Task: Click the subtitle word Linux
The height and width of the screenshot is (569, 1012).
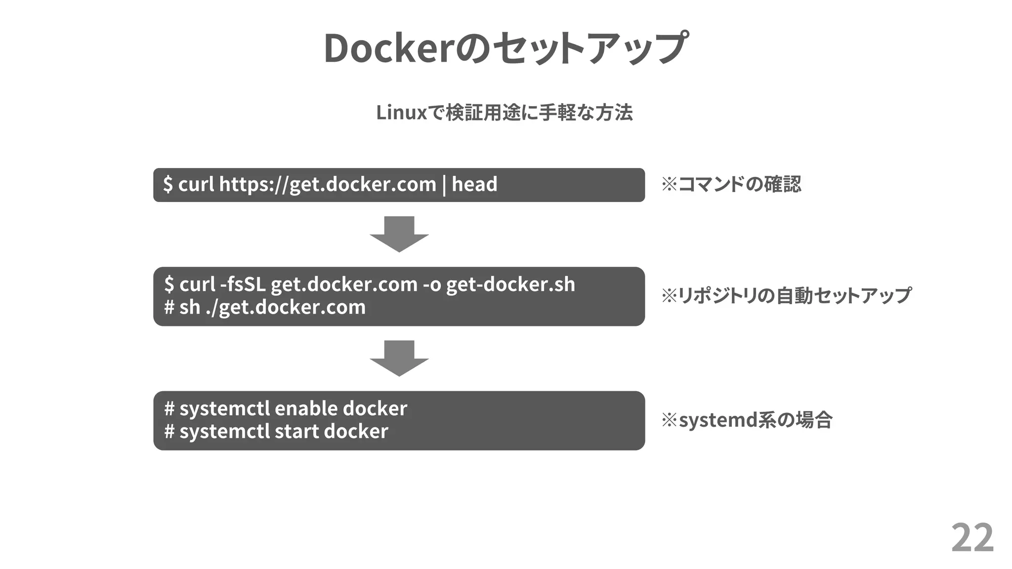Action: (401, 113)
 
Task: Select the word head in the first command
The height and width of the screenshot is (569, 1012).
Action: (474, 184)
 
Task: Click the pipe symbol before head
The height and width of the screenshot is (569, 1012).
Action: (444, 185)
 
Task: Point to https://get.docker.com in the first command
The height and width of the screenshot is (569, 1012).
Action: (327, 185)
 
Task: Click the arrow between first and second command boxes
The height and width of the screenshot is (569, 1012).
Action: (399, 234)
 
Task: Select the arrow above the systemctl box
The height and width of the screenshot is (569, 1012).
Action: (399, 358)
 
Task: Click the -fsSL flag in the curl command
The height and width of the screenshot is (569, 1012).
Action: (243, 284)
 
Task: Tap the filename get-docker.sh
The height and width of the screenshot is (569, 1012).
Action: (510, 284)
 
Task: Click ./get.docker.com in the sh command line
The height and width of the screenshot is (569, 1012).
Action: (285, 307)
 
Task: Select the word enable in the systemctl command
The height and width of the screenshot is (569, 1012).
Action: (306, 408)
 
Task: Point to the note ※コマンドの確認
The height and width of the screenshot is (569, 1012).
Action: (731, 184)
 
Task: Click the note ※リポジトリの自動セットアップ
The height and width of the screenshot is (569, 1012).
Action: (786, 295)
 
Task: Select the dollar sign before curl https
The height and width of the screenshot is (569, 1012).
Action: (168, 184)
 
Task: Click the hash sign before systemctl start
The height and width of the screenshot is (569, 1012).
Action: (169, 431)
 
